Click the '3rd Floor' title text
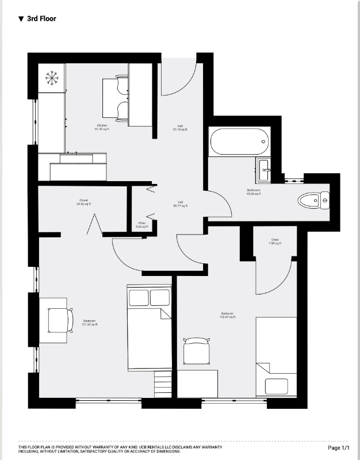pos(41,19)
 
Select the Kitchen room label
pos(102,127)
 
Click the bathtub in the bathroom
pos(239,141)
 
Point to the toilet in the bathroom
pos(313,201)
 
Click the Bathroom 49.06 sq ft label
pos(254,192)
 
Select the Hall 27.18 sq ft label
pos(180,128)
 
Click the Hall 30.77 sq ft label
pos(180,204)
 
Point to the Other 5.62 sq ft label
pos(142,225)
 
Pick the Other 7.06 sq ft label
pos(275,241)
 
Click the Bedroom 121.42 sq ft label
pos(89,323)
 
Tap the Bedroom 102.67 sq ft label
pos(226,316)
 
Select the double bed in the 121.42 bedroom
pos(150,328)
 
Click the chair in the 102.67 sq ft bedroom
pos(196,350)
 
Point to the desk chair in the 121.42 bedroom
pos(60,320)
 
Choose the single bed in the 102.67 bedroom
pos(276,356)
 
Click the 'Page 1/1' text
pos(338,447)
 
